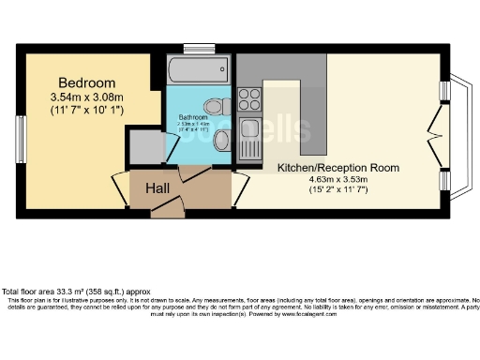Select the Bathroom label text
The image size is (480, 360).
194,117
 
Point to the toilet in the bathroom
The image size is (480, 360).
215,104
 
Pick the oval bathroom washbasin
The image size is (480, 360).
222,141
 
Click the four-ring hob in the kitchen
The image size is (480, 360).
250,96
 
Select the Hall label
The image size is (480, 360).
157,188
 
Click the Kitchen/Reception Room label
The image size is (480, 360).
337,168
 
